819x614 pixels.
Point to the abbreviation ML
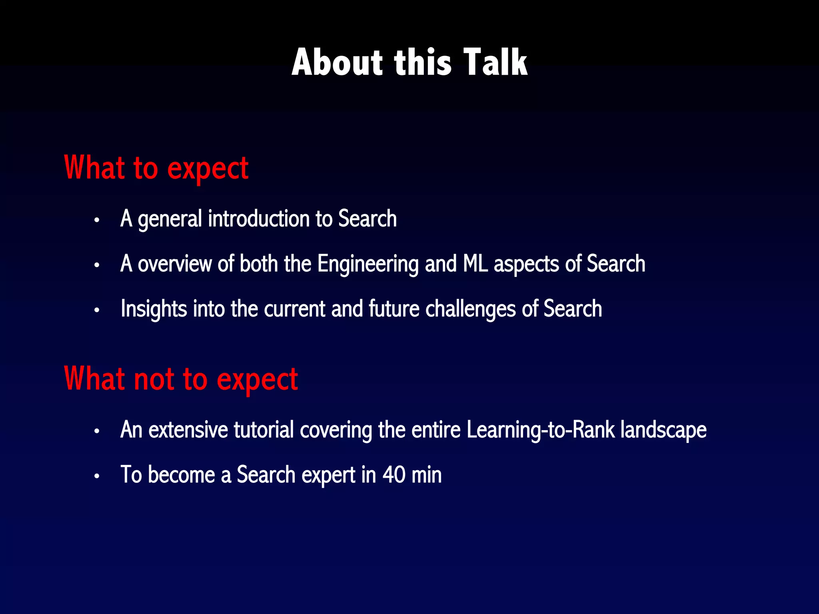pyautogui.click(x=475, y=264)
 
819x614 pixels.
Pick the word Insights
pyautogui.click(x=154, y=309)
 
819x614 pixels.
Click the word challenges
pyautogui.click(x=470, y=309)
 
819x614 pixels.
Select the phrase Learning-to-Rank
pyautogui.click(x=540, y=430)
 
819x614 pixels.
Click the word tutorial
pyautogui.click(x=264, y=430)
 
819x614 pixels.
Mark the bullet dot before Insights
pyautogui.click(x=96, y=310)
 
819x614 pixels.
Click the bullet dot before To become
pyautogui.click(x=96, y=476)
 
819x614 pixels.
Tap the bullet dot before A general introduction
pyautogui.click(x=96, y=220)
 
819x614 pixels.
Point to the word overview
pyautogui.click(x=174, y=264)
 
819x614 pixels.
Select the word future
pyautogui.click(x=394, y=309)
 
